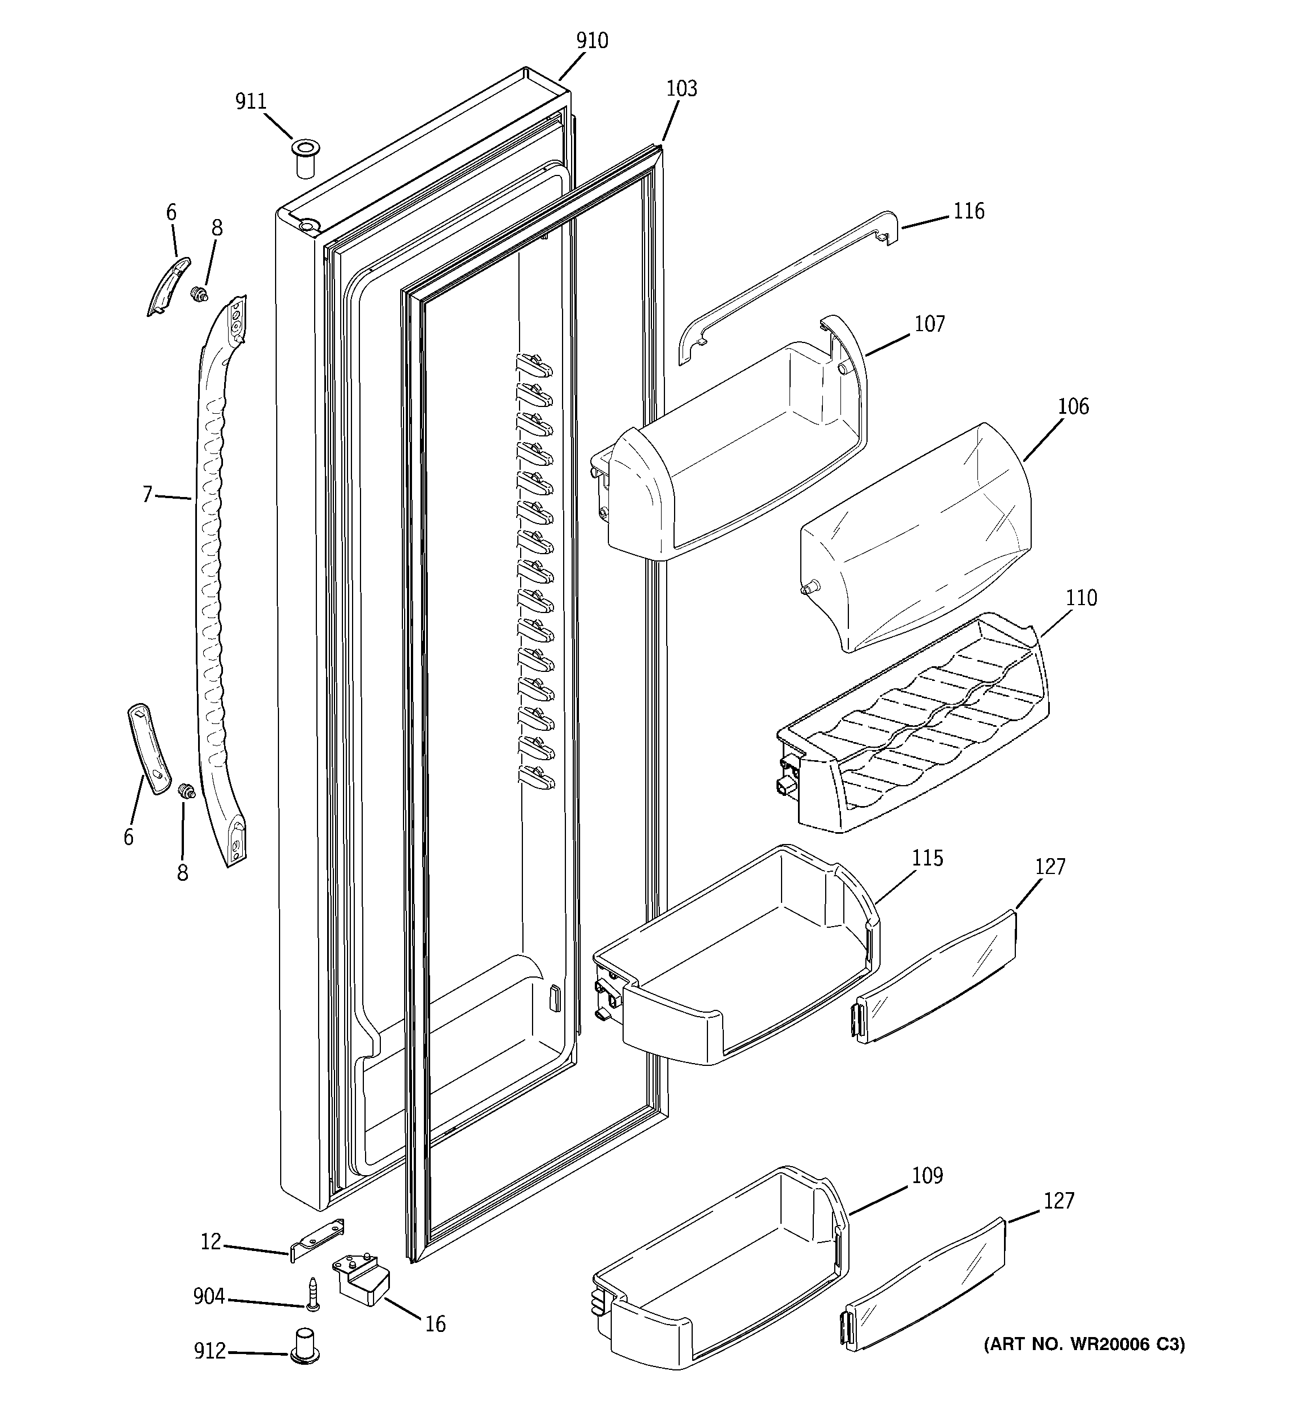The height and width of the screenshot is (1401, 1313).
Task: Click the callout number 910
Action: pos(591,41)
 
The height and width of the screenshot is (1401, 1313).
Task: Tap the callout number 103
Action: pos(681,89)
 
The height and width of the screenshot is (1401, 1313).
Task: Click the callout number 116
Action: pos(968,211)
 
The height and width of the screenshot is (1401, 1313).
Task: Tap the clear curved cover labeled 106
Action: pos(916,535)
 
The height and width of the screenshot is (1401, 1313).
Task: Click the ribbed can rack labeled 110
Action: pos(916,726)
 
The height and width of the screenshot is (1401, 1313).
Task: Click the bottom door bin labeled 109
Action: pos(719,1269)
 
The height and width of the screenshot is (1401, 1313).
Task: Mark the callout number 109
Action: pos(927,1176)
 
